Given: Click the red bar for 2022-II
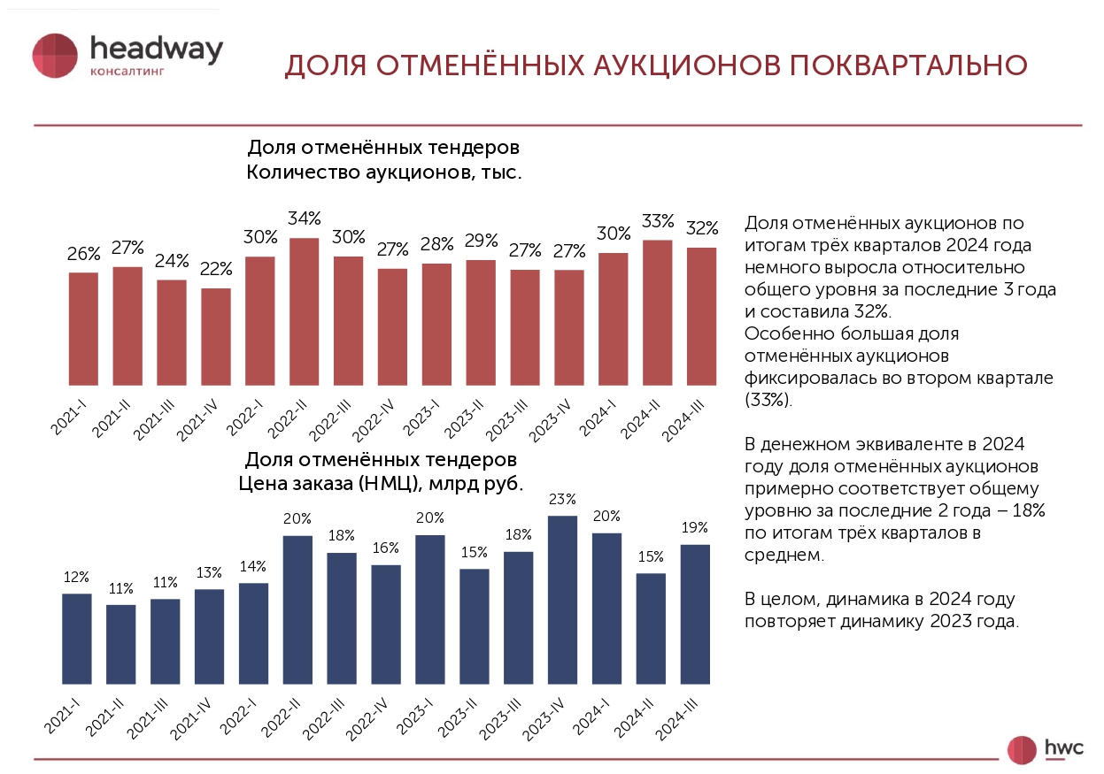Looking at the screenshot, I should tap(305, 311).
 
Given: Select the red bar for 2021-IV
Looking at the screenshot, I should tap(216, 337).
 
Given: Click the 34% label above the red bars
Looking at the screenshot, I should tap(305, 218).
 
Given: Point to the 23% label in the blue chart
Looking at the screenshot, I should tap(562, 498).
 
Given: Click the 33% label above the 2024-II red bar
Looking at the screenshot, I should tap(658, 220).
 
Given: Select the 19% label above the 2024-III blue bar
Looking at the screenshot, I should tap(695, 527).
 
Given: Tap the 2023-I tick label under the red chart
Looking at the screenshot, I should tap(423, 417).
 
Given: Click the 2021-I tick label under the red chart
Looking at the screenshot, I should tap(69, 416).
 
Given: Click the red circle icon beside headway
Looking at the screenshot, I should tap(55, 55).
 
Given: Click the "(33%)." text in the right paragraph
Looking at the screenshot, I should tap(769, 398).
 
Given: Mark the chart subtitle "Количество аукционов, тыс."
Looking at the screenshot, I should tap(383, 172).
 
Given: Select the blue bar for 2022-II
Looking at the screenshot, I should tap(297, 609).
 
